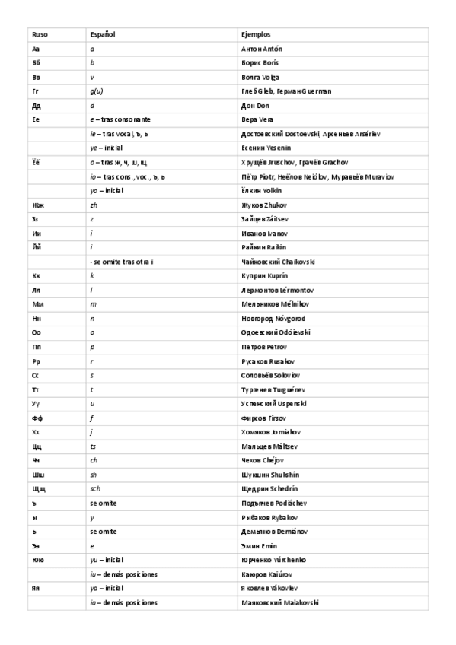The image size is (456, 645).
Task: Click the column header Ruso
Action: pyautogui.click(x=39, y=34)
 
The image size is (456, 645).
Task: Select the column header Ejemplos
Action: pyautogui.click(x=255, y=34)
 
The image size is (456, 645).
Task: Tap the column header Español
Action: pyautogui.click(x=102, y=34)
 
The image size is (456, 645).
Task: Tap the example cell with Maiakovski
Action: pyautogui.click(x=279, y=602)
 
